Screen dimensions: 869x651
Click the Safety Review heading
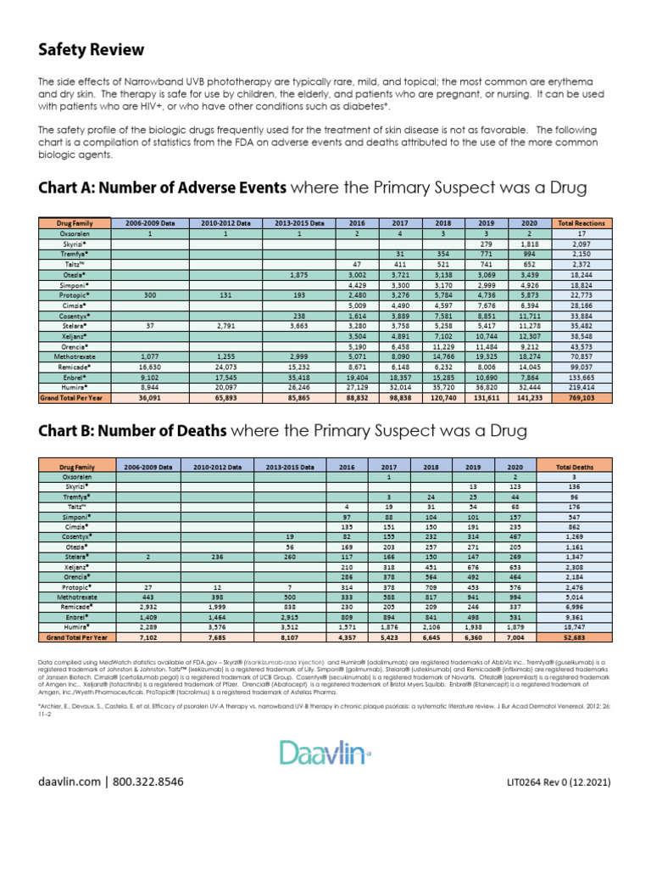point(91,50)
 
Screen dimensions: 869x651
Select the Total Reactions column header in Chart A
point(580,223)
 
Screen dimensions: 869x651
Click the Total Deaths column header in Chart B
point(574,467)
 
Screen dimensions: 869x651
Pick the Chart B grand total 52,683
point(574,636)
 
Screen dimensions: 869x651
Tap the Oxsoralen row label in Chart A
point(75,233)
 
